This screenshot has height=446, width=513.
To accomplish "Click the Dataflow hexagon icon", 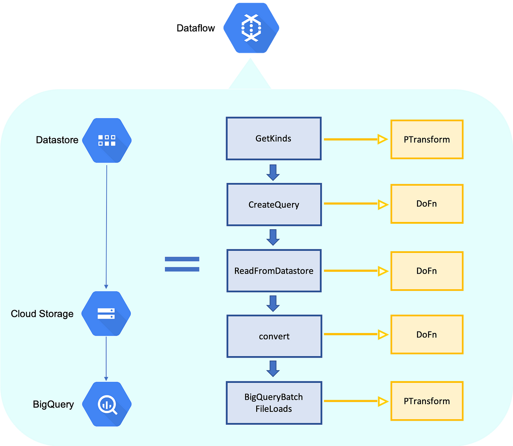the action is click(251, 28).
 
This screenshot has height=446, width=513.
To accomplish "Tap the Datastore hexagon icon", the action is click(107, 140).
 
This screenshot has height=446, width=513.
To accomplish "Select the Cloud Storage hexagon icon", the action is click(106, 314).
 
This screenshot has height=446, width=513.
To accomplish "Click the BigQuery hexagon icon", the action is click(107, 404).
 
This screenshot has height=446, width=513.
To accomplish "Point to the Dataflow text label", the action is click(196, 28).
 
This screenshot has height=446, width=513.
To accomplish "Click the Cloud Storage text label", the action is click(42, 314).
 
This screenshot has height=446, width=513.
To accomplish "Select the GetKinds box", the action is click(274, 138).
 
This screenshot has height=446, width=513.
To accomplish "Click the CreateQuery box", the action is click(274, 205).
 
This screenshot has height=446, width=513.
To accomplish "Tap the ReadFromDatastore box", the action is click(274, 271).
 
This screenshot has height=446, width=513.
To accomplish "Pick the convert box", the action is click(274, 336).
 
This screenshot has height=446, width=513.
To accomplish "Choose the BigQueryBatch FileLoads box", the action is click(274, 403).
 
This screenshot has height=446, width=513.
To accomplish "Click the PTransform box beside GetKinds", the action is click(427, 139).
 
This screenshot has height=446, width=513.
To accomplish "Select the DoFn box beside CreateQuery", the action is click(427, 204).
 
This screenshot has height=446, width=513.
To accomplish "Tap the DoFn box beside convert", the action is click(427, 334).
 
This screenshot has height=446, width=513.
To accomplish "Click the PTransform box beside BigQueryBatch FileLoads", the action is click(427, 401).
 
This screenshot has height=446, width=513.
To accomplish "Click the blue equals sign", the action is click(182, 264).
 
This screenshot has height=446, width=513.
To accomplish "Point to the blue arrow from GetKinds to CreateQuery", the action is click(273, 173).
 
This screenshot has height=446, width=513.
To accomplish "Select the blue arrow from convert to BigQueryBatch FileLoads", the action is click(273, 369).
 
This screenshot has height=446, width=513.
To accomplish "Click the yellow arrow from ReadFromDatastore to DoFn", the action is click(356, 271).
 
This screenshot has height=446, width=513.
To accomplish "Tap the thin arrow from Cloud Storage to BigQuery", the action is click(106, 359).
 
